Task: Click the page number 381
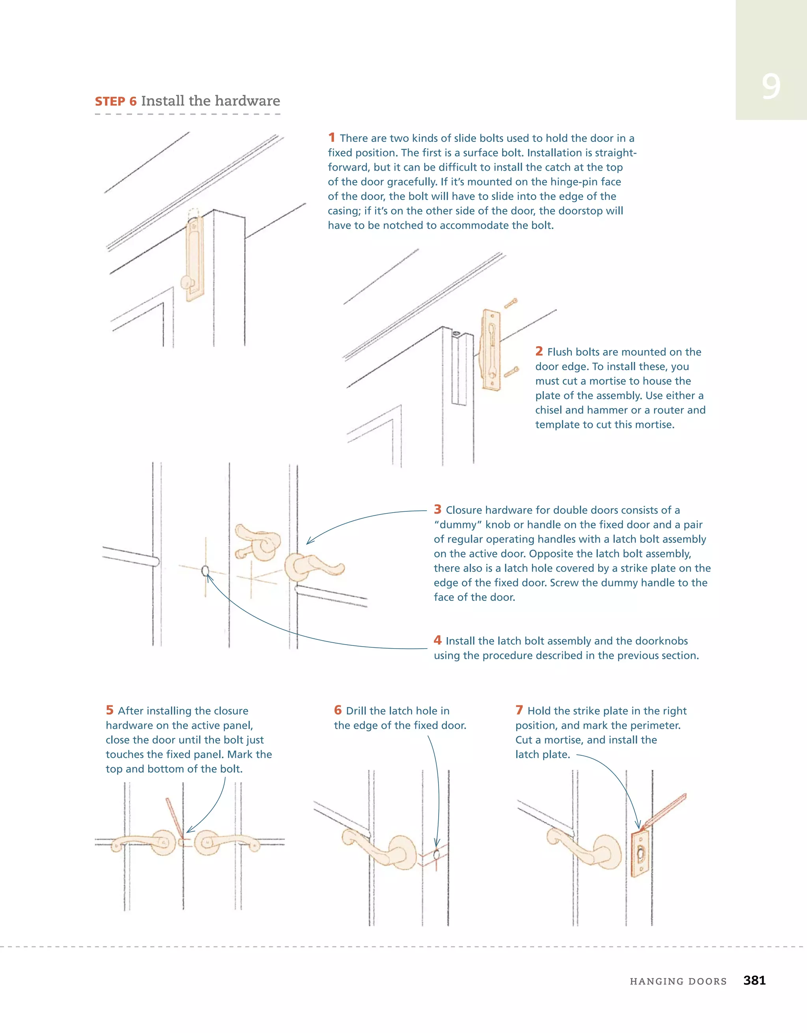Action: click(754, 980)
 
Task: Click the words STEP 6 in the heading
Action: click(116, 101)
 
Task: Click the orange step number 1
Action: click(331, 138)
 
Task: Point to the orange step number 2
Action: click(539, 351)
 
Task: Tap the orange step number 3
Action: click(437, 509)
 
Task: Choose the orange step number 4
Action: click(437, 640)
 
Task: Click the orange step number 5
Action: click(110, 710)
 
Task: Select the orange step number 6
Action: click(338, 710)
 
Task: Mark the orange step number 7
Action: click(519, 710)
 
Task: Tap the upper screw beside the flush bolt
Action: click(511, 303)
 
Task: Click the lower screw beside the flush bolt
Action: click(511, 372)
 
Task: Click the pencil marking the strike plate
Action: click(664, 813)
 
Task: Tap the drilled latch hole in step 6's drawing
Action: click(436, 855)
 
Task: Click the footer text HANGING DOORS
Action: click(678, 981)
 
